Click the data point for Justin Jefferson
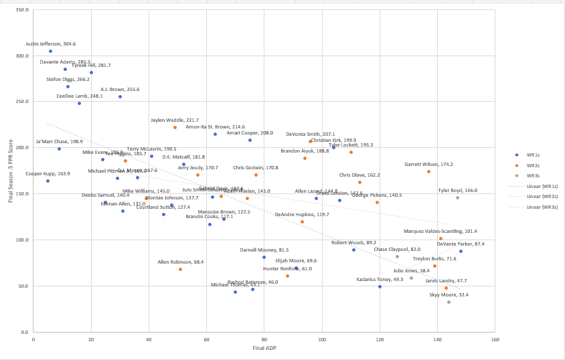pos(50,51)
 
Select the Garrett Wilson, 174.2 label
pos(428,164)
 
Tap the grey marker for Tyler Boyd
pos(458,197)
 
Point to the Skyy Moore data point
pos(449,302)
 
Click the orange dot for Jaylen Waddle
pos(175,127)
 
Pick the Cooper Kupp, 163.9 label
pos(48,173)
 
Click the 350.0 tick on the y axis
pos(21,10)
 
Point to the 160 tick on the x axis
pos(495,339)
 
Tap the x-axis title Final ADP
pos(264,348)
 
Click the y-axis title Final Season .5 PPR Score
pos(10,171)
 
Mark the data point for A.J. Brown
pos(120,96)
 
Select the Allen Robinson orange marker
pos(180,269)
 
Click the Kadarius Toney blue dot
pos(380,286)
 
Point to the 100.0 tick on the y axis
pos(21,240)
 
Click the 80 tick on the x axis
pos(264,339)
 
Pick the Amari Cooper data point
pos(250,140)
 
